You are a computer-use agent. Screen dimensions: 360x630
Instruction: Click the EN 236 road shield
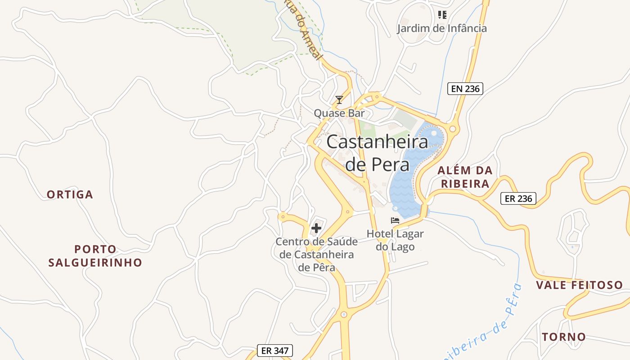click(465, 89)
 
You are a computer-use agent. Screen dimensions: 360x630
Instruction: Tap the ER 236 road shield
click(518, 198)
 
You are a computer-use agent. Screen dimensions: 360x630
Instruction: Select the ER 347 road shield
click(275, 351)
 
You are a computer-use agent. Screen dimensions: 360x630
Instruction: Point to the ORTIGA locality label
click(70, 194)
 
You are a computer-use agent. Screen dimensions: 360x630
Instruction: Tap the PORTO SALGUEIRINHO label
click(95, 256)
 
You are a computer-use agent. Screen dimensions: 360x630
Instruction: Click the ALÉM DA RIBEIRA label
click(465, 177)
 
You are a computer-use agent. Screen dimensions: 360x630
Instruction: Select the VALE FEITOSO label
click(580, 285)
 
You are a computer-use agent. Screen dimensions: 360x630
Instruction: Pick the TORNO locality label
click(564, 337)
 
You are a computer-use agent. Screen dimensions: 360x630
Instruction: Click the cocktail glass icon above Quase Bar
click(339, 99)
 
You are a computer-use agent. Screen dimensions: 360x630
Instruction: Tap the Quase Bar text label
click(339, 113)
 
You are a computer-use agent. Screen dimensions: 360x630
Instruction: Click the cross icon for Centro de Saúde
click(316, 228)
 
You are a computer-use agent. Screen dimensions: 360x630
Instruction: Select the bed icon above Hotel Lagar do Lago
click(395, 220)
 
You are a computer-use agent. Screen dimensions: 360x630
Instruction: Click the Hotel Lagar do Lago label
click(395, 240)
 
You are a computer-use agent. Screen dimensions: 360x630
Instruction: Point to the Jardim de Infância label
click(441, 28)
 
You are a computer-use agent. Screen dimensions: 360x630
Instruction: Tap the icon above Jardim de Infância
click(442, 15)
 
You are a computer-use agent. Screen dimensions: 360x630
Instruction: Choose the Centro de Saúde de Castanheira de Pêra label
click(316, 254)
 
